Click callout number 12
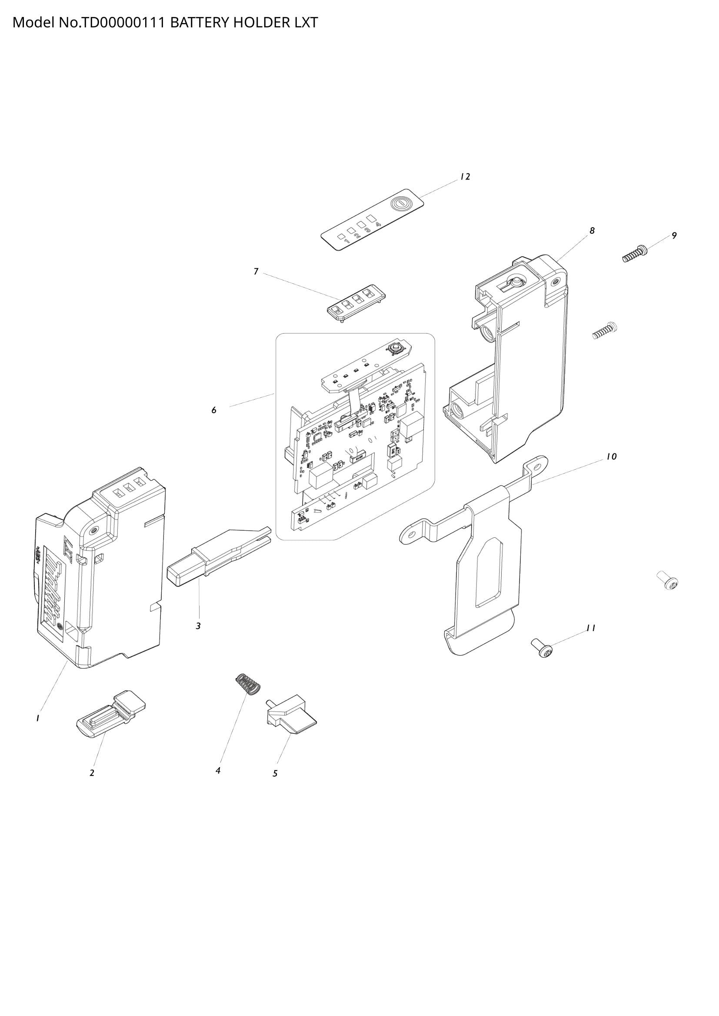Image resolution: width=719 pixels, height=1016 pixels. tap(464, 176)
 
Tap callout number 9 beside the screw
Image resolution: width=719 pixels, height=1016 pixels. tap(674, 236)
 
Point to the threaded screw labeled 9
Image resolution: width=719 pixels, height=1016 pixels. tap(634, 254)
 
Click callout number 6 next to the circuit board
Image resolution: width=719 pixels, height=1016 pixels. tap(214, 410)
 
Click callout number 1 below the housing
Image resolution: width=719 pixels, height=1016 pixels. tap(38, 718)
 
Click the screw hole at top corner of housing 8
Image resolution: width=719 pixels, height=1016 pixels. tap(554, 281)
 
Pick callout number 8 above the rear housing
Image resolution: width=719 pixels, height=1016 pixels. tap(592, 231)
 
